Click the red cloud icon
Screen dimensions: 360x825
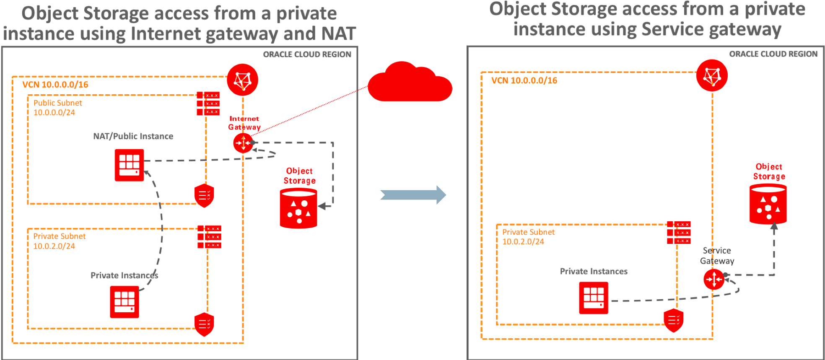[410, 84]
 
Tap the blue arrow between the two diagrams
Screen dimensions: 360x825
[413, 195]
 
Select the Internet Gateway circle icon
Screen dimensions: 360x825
[243, 143]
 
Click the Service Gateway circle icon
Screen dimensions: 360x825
[713, 279]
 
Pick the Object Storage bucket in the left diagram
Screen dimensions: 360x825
[298, 208]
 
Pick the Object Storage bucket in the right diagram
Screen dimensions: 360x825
[768, 204]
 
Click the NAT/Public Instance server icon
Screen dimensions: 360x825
[129, 165]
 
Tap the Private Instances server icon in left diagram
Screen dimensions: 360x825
[124, 302]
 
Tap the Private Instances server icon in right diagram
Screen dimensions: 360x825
[594, 298]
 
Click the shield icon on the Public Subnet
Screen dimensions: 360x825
[204, 195]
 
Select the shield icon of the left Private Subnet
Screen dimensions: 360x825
[204, 324]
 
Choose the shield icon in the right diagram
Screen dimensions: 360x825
[674, 321]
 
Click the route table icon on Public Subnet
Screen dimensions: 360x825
[208, 104]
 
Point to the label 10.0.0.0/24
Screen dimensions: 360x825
[54, 112]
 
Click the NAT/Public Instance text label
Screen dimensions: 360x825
[133, 136]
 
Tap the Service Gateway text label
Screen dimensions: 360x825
[717, 256]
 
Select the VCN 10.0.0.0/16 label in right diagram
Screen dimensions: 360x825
[524, 80]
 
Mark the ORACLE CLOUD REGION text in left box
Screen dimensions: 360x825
[307, 54]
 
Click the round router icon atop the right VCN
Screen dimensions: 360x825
[712, 75]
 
